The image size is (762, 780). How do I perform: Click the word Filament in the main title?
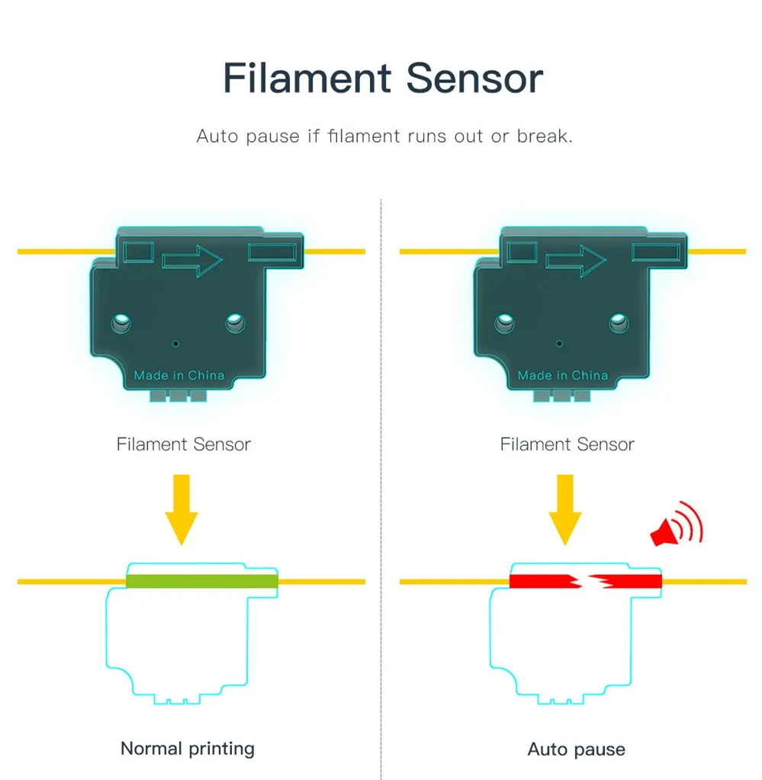[307, 79]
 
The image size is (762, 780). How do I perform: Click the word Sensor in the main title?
[474, 79]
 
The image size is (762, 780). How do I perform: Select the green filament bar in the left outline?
[201, 581]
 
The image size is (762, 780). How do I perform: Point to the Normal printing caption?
[188, 748]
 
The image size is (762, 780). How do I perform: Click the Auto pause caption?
[576, 750]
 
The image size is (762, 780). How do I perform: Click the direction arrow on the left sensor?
[191, 262]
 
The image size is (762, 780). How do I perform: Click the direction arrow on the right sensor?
[576, 262]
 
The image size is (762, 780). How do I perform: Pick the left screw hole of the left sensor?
[121, 324]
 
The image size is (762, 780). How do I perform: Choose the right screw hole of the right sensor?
[619, 324]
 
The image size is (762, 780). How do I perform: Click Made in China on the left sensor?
[179, 375]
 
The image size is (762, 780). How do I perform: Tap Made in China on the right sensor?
[563, 375]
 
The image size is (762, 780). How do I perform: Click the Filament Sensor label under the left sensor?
[183, 444]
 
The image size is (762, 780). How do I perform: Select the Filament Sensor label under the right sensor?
[567, 444]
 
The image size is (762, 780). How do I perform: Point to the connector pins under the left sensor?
[178, 396]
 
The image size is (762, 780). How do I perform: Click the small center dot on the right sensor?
[560, 344]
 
